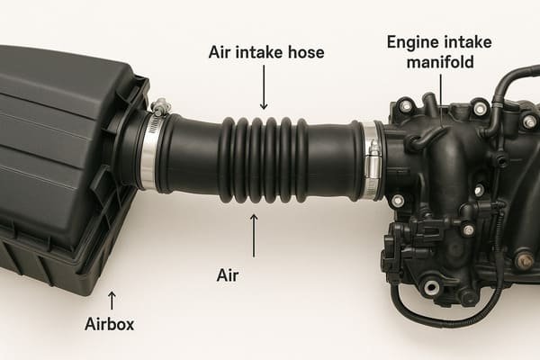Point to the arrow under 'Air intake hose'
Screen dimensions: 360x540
click(x=264, y=90)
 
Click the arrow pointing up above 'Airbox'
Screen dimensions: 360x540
click(x=112, y=299)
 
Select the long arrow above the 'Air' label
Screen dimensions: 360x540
click(x=253, y=235)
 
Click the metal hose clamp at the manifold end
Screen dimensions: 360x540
click(x=370, y=162)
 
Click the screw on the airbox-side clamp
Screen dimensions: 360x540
click(x=161, y=108)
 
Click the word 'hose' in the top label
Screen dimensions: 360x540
click(x=305, y=53)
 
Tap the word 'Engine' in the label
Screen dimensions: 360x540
click(x=410, y=41)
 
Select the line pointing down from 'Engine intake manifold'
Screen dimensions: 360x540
click(x=440, y=90)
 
